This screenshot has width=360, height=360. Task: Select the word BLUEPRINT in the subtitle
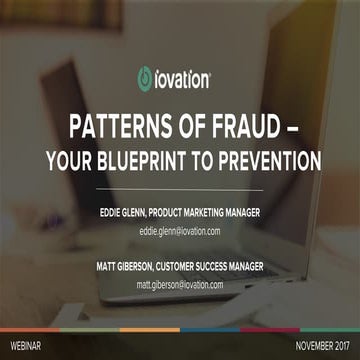[x=149, y=160]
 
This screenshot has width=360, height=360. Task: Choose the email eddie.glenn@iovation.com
[x=180, y=232]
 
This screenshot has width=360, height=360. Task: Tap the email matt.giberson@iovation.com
[x=180, y=285]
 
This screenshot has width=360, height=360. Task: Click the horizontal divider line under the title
[x=180, y=189]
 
